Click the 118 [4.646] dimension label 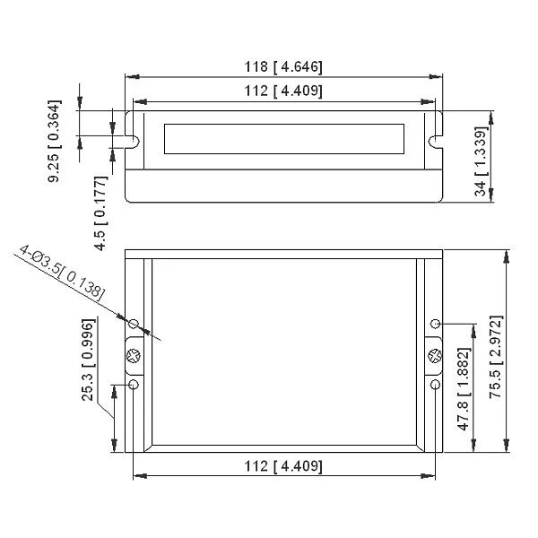283,66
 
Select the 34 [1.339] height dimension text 481,161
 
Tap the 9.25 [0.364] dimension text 55,141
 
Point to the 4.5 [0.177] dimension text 100,213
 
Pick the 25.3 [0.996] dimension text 88,360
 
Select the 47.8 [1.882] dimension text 464,389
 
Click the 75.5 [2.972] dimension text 496,357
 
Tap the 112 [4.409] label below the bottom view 283,466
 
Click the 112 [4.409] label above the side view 283,91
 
